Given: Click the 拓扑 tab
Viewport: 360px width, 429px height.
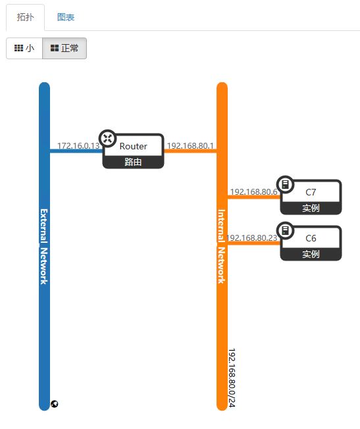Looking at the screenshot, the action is pos(25,17).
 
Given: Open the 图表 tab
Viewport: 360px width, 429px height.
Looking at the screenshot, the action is pos(66,17).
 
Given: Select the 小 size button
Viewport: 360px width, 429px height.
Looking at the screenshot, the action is pos(24,49).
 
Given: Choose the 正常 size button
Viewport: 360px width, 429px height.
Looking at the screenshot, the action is pos(64,49).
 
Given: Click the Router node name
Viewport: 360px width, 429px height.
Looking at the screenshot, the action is pos(134,146).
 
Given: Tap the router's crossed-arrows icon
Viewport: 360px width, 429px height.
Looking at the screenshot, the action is pos(107,138).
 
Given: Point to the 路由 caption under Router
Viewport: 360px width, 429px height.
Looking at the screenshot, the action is pos(133,162).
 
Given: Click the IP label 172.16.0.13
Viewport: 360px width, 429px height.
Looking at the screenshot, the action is pos(78,145).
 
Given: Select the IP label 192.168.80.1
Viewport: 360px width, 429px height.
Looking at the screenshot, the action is pos(190,145).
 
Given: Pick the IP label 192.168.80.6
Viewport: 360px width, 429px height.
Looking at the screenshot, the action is pos(254,191).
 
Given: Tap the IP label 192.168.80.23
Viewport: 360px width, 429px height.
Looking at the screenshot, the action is pos(252,238).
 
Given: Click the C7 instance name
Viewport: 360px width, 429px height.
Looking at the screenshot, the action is pos(311,192).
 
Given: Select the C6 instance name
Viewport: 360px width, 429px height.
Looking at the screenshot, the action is pos(311,238).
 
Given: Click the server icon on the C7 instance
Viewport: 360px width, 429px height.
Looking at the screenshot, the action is pos(285,184).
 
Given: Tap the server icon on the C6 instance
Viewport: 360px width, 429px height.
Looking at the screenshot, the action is pos(285,230).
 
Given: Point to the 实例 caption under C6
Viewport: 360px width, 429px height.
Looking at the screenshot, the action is pos(311,254).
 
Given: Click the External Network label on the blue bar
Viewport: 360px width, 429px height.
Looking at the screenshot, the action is pos(44,247).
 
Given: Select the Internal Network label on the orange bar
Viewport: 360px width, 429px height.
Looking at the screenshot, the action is pos(222,247).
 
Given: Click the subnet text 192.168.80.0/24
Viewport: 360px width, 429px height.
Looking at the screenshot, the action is pos(232,378).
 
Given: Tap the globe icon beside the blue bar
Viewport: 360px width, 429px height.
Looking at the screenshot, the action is pos(55,404).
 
